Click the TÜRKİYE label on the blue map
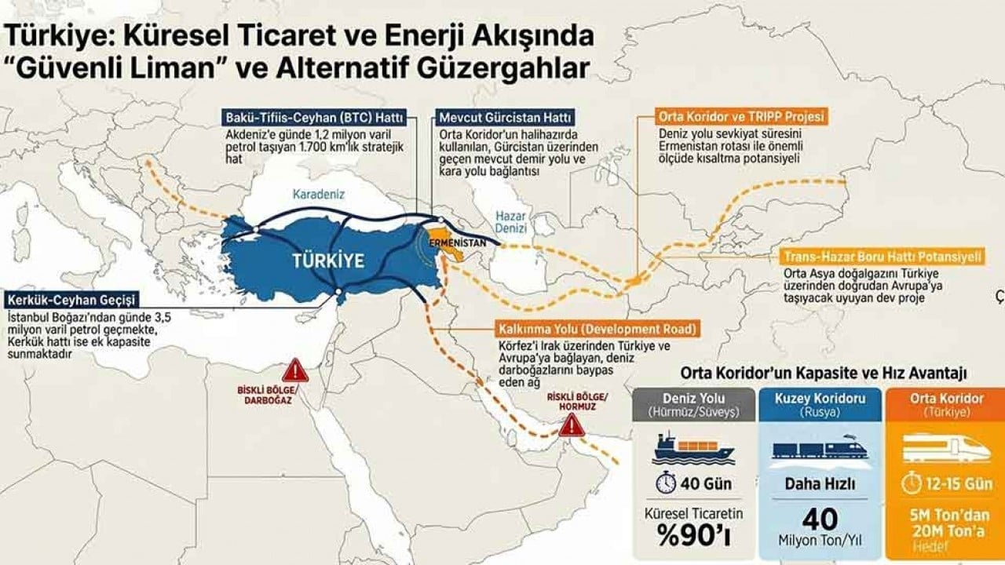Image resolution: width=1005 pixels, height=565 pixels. tap(329, 261)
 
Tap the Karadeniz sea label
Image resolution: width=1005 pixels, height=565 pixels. tap(319, 193)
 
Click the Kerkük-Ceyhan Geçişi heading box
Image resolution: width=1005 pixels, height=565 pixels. tap(73, 301)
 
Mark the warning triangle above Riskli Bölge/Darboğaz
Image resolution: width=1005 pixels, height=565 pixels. tap(295, 369)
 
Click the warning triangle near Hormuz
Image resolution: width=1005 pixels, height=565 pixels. tap(572, 425)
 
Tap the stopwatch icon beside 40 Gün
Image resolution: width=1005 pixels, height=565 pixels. tap(666, 483)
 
